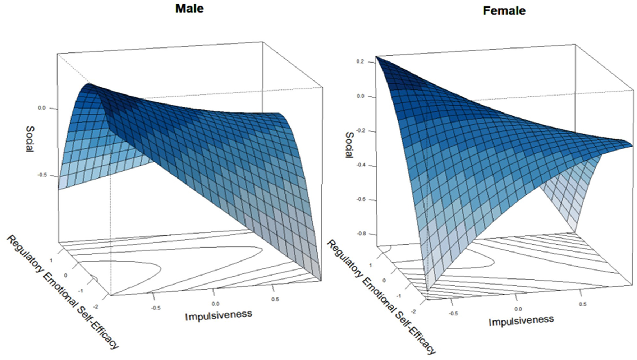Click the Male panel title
[x=189, y=8]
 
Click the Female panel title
[x=504, y=11]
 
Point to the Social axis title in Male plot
[x=30, y=139]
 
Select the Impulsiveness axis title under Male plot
[x=218, y=315]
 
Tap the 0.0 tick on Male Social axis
[x=42, y=108]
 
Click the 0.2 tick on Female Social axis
[x=360, y=62]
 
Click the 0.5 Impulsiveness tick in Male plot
[x=275, y=299]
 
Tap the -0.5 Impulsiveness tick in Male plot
[x=156, y=308]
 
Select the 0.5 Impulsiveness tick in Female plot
[x=582, y=304]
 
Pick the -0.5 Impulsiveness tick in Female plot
[x=454, y=313]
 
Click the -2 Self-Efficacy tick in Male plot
[x=96, y=306]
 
